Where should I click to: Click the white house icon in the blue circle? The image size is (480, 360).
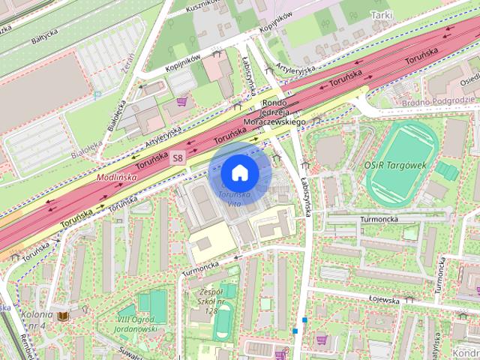(x=239, y=173)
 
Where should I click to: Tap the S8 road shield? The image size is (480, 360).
(x=177, y=157)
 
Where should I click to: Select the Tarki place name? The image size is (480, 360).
(x=381, y=14)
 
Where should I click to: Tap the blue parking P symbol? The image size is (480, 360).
(x=97, y=95)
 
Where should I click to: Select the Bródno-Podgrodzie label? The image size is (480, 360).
(x=448, y=100)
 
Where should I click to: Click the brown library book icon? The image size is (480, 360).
(x=64, y=316)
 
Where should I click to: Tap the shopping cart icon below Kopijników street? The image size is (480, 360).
(x=181, y=100)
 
